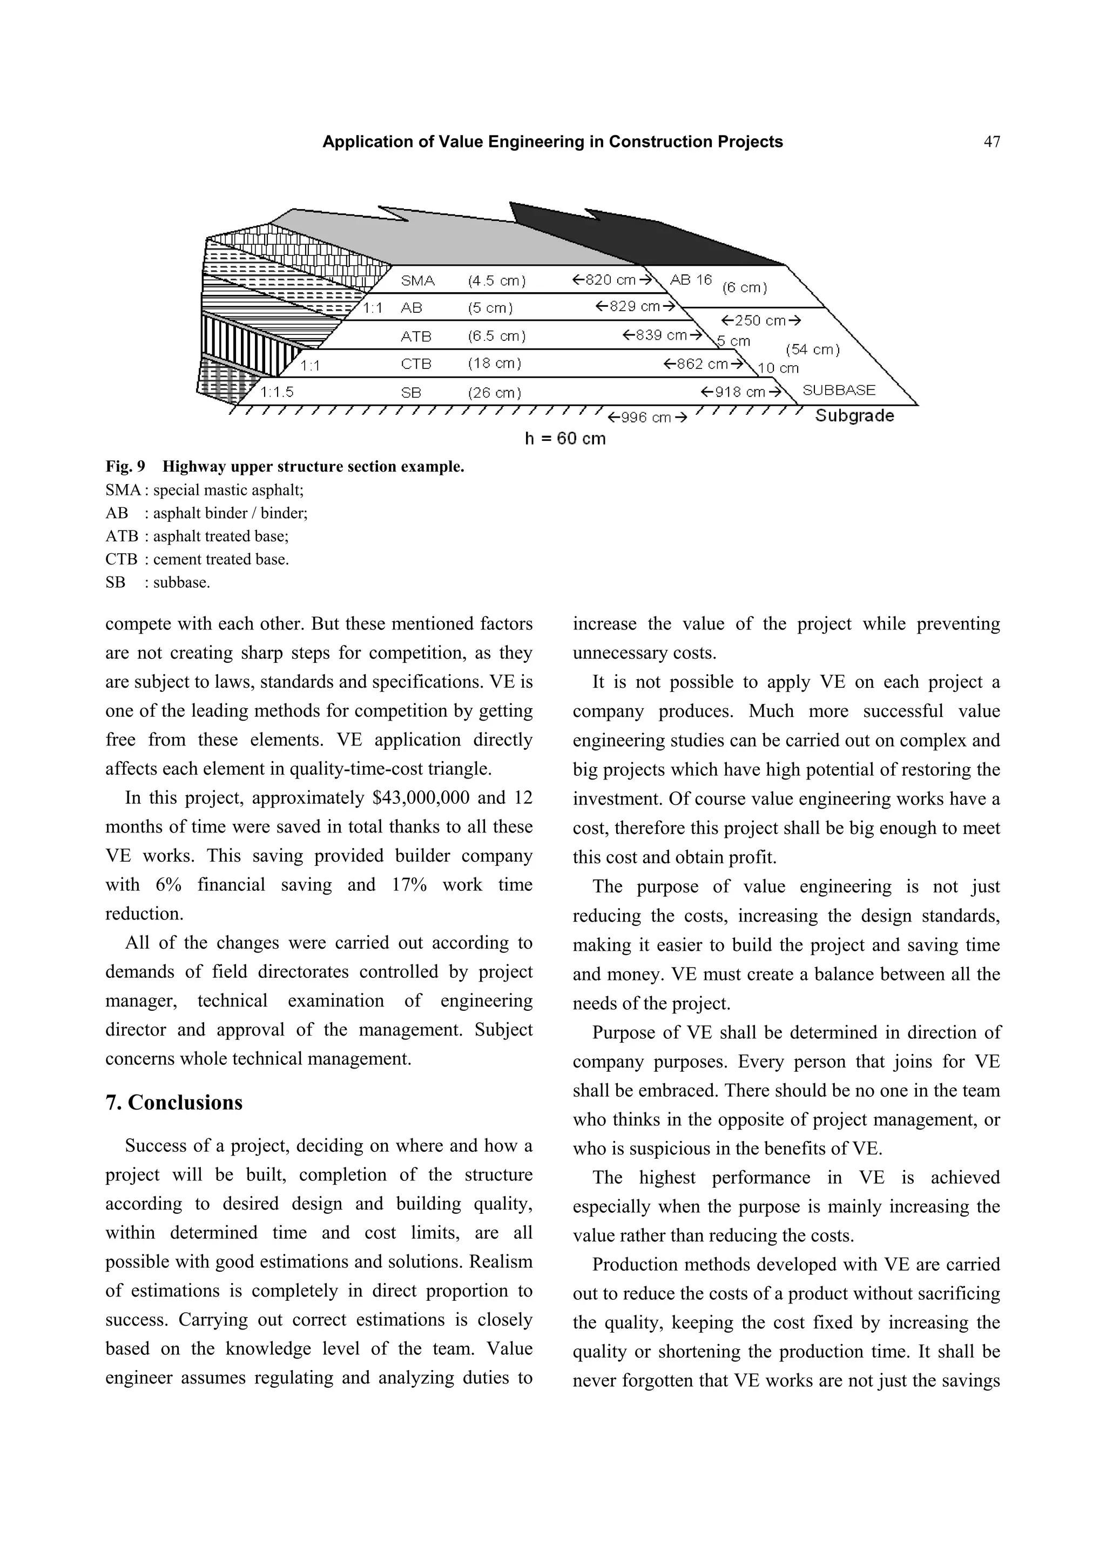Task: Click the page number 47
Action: click(992, 142)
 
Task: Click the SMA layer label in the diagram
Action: click(418, 280)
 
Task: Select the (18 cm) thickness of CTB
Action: click(494, 364)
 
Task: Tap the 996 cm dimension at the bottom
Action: click(647, 417)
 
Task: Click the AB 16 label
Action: click(690, 279)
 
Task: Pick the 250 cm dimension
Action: click(760, 320)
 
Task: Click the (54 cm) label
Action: click(812, 350)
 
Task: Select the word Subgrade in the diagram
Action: click(854, 415)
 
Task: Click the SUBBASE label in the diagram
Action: click(838, 390)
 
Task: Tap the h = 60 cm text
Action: click(564, 438)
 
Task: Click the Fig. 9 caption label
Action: click(125, 467)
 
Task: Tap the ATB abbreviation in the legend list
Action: click(122, 536)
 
